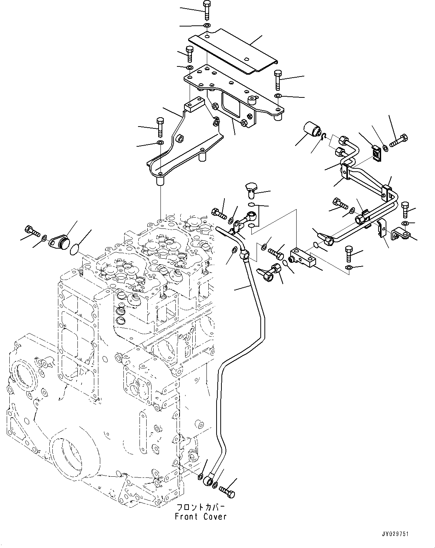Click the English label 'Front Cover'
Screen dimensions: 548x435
click(x=201, y=517)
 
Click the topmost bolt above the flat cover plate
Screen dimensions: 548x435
click(x=207, y=9)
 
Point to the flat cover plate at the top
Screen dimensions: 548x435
click(x=232, y=52)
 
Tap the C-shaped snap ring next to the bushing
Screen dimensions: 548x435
click(x=324, y=138)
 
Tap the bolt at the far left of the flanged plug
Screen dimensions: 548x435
click(x=31, y=231)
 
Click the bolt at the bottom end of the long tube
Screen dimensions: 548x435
click(x=227, y=491)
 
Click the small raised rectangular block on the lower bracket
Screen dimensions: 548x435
click(x=193, y=103)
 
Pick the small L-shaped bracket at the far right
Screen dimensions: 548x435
click(x=400, y=234)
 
